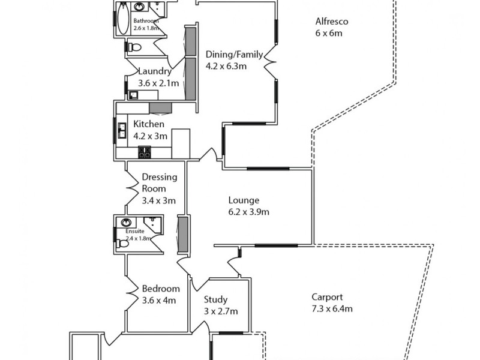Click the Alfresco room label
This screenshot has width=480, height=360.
332,22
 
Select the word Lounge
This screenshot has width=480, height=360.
244,200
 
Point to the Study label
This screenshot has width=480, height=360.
215,300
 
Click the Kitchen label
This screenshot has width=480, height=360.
149,124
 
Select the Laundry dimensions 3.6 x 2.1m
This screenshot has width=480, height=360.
158,83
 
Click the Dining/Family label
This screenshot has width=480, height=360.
234,55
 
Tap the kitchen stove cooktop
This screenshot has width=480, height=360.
144,152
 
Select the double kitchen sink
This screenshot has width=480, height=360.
122,130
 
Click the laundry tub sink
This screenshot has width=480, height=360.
133,94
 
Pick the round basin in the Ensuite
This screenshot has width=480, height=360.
127,223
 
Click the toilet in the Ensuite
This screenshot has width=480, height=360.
124,243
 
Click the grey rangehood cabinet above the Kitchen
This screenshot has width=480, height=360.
160,107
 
